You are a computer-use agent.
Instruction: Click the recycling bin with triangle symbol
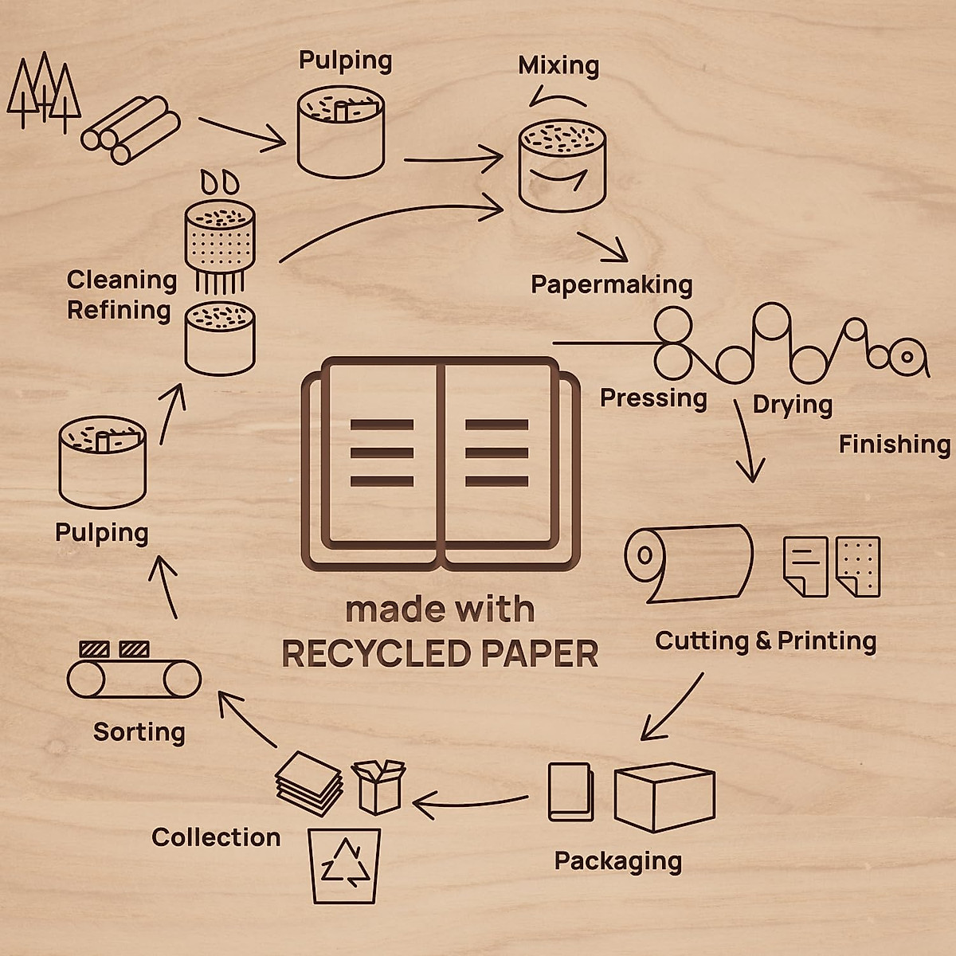coord(344,865)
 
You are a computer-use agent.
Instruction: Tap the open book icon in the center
coord(441,462)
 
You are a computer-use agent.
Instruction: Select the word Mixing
coord(558,65)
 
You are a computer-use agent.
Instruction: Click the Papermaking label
coord(612,284)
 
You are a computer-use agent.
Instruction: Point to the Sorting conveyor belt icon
coord(134,676)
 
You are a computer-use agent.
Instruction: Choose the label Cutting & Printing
coord(766,641)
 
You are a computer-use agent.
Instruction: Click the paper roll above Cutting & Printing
coord(689,561)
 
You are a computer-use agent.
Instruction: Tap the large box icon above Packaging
coord(664,796)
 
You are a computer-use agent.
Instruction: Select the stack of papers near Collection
coord(309,782)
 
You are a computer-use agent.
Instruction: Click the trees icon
coord(44,92)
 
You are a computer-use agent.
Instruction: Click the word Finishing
coord(895,444)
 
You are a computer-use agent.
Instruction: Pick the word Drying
coord(792,405)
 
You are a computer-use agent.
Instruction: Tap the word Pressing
coord(653,398)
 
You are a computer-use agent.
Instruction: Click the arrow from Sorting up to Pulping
coord(167,586)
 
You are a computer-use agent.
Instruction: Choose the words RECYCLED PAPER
coord(440,654)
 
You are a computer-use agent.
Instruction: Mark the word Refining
coord(119,310)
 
